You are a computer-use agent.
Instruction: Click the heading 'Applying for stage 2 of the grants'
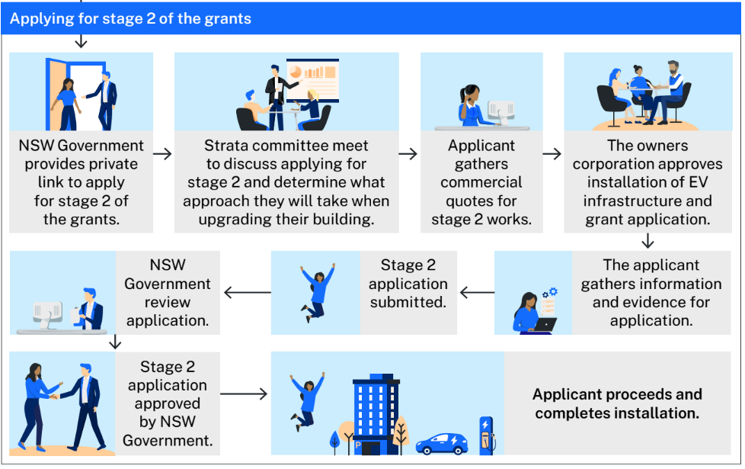tap(130, 18)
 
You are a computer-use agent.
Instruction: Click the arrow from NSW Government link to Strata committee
tap(163, 154)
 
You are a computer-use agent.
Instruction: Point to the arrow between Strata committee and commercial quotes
tap(408, 154)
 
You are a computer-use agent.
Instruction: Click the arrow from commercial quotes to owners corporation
tap(552, 154)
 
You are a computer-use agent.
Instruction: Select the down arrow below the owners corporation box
tap(647, 241)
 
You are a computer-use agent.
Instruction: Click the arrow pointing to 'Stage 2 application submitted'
tap(477, 292)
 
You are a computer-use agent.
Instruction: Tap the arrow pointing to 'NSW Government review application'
tap(247, 292)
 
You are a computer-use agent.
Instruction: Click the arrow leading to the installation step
tap(244, 394)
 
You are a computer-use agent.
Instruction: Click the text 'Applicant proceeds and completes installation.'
tap(616, 404)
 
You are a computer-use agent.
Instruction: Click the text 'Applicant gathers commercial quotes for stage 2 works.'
tap(481, 182)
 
